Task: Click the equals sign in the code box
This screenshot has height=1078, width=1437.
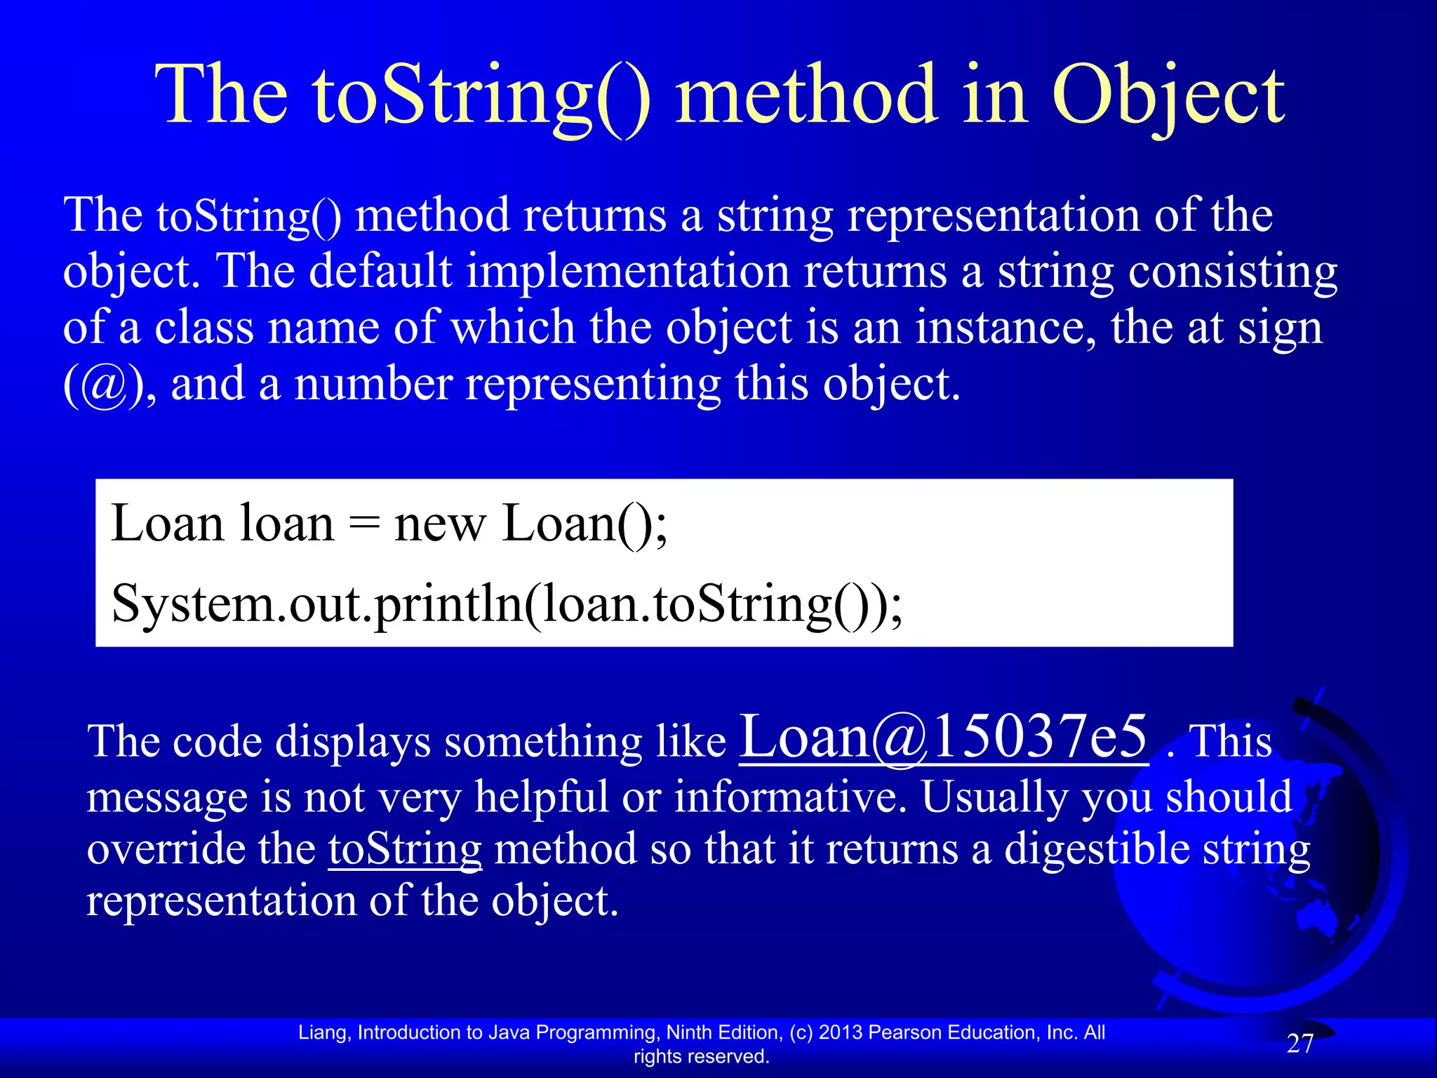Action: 364,525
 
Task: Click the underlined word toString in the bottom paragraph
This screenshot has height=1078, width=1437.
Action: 405,849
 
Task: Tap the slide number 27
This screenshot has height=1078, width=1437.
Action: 1300,1044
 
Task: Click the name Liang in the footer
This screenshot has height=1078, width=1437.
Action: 323,1032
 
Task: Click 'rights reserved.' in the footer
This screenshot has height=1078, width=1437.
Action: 702,1056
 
